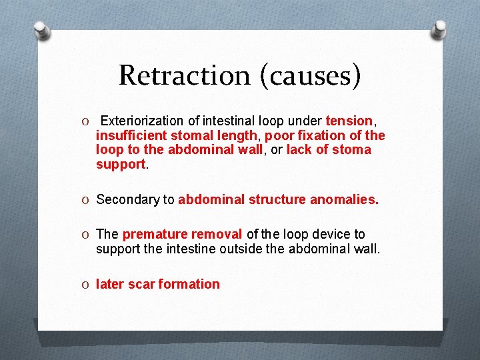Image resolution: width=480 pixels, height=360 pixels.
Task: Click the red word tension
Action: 349,121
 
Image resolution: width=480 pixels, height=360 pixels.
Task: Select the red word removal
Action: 217,234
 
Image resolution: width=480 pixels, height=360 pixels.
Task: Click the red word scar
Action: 140,284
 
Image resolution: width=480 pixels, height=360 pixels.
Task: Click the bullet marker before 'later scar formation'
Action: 87,285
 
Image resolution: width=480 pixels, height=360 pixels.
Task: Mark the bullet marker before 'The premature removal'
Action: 87,235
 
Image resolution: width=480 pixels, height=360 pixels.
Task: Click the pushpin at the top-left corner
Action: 41,31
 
